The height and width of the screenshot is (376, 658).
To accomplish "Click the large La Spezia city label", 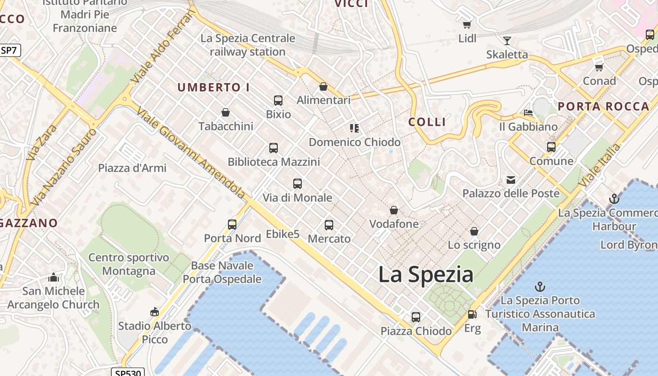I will click(426, 274).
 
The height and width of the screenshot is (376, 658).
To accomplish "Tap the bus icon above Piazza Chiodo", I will click(416, 317).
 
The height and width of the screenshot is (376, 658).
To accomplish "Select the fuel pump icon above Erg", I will click(471, 314).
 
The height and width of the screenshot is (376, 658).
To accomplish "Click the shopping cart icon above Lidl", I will click(467, 24).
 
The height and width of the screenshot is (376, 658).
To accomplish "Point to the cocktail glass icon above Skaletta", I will click(507, 41).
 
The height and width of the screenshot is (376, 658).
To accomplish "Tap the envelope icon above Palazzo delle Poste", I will click(511, 180).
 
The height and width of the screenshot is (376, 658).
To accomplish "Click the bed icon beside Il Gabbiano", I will click(528, 113).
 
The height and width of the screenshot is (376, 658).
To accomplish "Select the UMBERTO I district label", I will click(213, 87).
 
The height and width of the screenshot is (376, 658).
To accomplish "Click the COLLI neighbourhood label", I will click(427, 122).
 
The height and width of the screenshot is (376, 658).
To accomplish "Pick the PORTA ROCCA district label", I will click(603, 107).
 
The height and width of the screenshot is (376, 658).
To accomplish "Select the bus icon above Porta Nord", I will click(232, 225).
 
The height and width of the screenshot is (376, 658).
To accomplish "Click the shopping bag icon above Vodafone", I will click(394, 210).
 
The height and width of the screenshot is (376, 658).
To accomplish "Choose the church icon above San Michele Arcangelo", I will click(54, 277).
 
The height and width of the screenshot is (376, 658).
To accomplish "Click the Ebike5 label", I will click(282, 234).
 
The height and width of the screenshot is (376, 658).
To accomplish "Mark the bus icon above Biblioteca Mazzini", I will click(274, 148).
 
